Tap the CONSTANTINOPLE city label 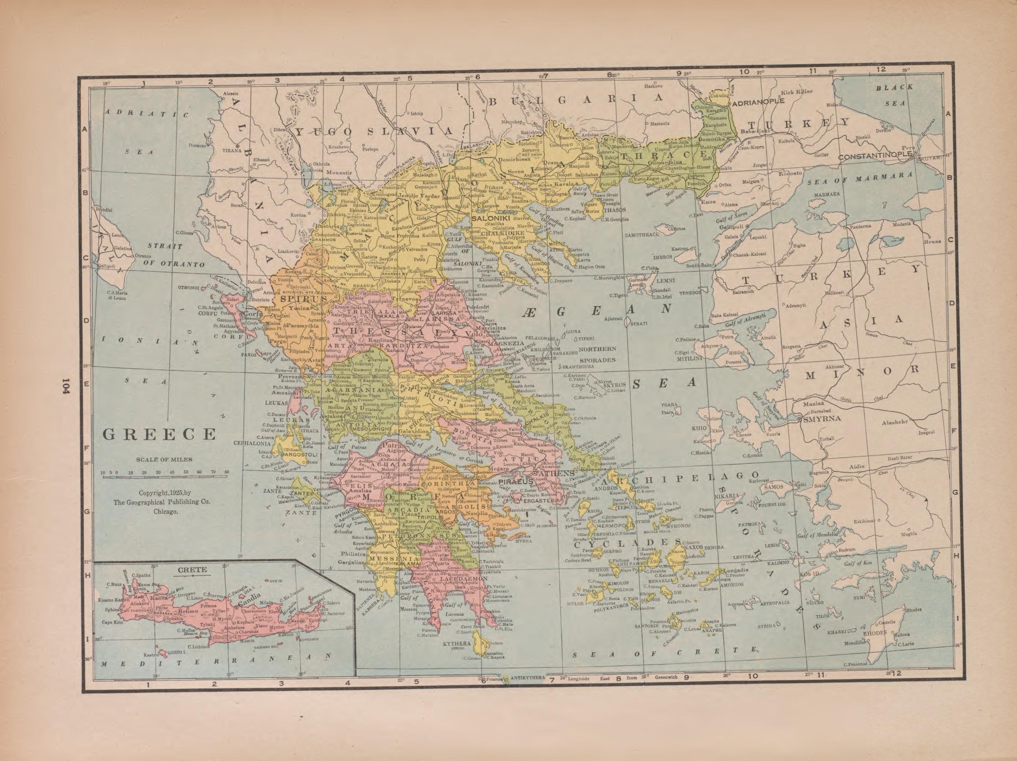[x=874, y=157]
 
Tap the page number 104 [x=67, y=390]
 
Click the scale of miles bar [x=164, y=477]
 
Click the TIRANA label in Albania [x=232, y=150]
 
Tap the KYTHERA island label [x=457, y=643]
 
